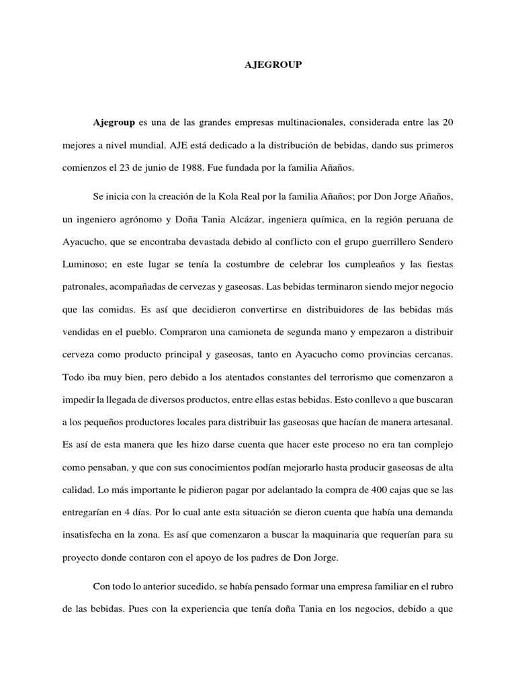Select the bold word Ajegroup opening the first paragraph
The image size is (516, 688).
coord(114,122)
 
